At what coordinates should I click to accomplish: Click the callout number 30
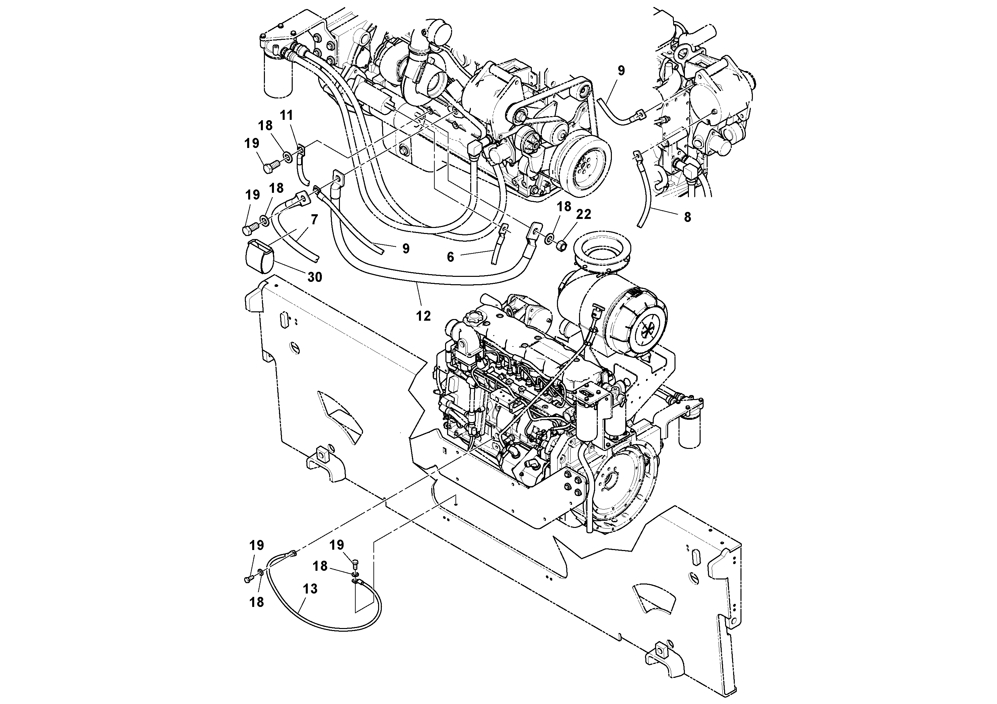pos(315,277)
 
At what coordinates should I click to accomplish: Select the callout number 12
pos(423,316)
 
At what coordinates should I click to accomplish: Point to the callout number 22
pos(584,214)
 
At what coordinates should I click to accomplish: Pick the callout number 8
pos(687,217)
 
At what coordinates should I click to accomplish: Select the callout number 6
pos(450,257)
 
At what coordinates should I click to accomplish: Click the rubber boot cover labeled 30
pos(259,258)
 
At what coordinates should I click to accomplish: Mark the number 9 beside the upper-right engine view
pos(621,71)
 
